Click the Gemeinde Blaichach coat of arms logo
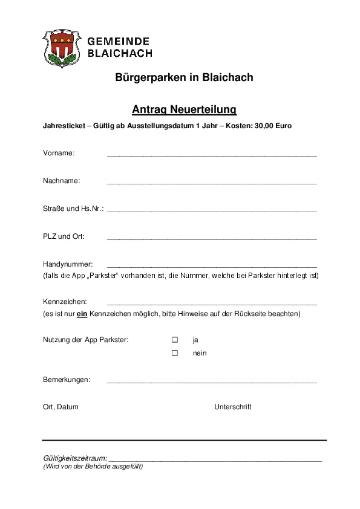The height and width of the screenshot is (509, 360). click(x=61, y=48)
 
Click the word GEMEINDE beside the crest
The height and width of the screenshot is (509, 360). click(x=119, y=41)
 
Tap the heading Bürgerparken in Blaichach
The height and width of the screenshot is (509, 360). click(x=184, y=77)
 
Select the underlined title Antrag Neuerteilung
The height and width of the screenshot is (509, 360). click(x=184, y=109)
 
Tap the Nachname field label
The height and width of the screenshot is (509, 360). click(x=61, y=181)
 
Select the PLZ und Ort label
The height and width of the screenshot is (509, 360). click(x=64, y=236)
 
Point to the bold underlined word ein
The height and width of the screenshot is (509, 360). click(x=83, y=314)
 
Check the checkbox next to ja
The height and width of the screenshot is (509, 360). click(x=175, y=340)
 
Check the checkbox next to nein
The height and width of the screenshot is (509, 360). click(x=175, y=352)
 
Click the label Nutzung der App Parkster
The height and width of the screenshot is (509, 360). click(x=85, y=340)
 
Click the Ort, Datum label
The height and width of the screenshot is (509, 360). click(x=61, y=407)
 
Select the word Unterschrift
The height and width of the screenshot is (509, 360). click(x=232, y=407)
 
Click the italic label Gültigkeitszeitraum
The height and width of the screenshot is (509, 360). click(x=75, y=458)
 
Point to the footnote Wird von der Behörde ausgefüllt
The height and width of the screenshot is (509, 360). click(x=93, y=466)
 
